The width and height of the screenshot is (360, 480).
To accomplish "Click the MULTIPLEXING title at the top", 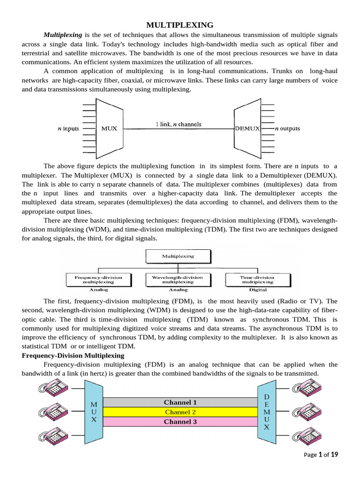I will click(x=180, y=25).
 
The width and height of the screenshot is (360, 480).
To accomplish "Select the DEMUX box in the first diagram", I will click(x=247, y=128).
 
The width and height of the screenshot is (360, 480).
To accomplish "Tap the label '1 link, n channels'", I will click(x=178, y=124).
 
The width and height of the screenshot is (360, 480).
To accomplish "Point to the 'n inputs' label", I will click(x=68, y=128).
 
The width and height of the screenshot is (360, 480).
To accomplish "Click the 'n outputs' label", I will click(x=287, y=128).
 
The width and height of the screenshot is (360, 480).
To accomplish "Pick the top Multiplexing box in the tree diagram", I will click(x=178, y=256).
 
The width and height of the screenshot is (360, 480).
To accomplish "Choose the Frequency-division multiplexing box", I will click(x=98, y=280).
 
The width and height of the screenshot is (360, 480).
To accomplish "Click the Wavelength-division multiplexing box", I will click(x=178, y=280).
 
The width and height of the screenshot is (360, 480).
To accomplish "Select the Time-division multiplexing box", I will click(x=256, y=280).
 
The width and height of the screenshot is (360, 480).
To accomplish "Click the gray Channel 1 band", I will click(x=180, y=402).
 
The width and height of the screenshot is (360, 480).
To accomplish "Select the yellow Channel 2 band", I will click(x=180, y=412).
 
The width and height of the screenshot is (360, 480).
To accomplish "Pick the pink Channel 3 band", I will click(x=180, y=421).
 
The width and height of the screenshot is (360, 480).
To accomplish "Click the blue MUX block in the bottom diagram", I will click(x=94, y=412).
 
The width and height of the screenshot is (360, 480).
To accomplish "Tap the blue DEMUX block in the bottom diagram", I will click(x=266, y=412).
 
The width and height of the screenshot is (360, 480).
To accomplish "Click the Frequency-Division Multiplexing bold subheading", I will click(x=73, y=356).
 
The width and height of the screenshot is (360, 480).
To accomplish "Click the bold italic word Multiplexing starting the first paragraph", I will click(x=63, y=35).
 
